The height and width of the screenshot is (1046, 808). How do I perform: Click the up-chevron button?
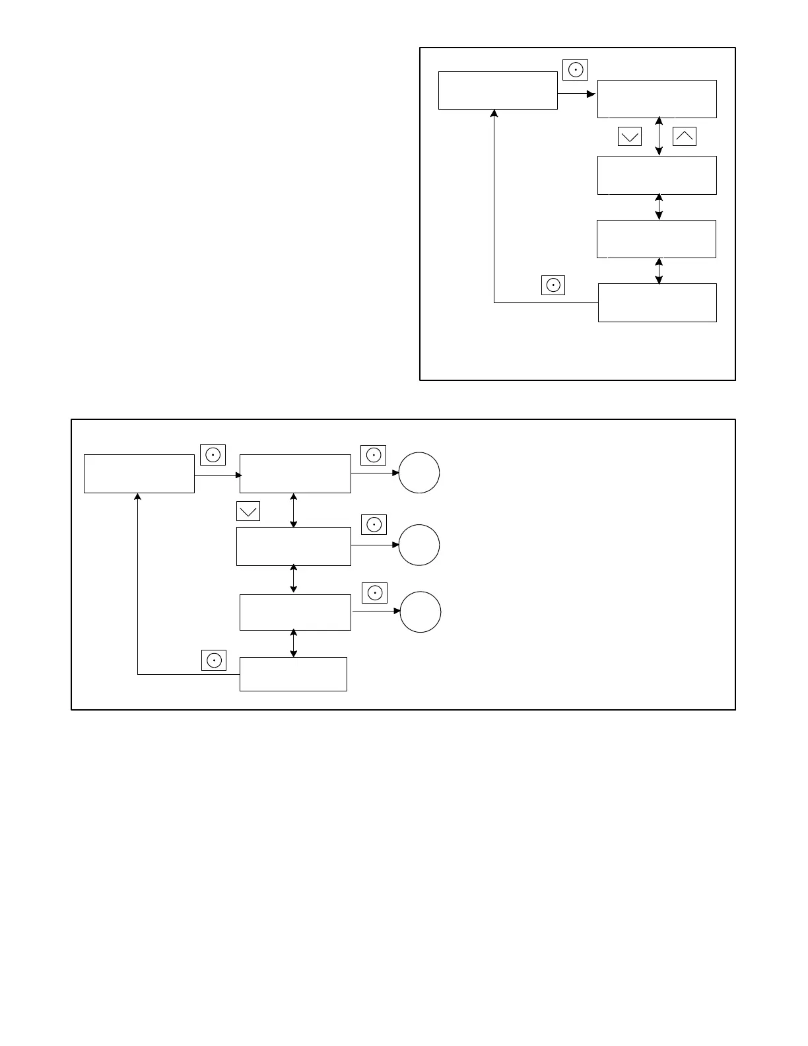tap(685, 136)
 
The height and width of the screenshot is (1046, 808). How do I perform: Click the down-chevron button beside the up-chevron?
tap(630, 136)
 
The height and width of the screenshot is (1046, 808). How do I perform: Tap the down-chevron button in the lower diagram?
tap(248, 511)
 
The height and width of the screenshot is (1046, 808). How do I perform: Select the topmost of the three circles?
tap(419, 473)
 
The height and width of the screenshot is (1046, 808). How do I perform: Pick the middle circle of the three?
tap(419, 545)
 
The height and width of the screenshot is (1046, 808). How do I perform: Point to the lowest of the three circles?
tap(421, 612)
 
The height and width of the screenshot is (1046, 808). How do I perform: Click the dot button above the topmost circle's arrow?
tap(374, 455)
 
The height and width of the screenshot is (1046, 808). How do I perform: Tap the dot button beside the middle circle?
tap(374, 524)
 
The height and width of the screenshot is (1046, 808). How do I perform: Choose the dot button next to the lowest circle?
tap(375, 593)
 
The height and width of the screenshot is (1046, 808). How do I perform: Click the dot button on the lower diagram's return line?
tap(214, 660)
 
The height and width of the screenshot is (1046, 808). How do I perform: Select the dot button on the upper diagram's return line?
tap(553, 285)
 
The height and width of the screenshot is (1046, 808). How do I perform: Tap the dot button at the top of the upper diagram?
tap(576, 69)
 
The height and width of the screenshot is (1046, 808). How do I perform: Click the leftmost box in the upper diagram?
tap(498, 90)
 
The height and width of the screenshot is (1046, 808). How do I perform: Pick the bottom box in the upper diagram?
tap(657, 302)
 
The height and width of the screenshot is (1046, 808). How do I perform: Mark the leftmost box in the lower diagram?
tap(139, 473)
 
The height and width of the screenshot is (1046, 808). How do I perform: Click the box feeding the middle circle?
tap(294, 546)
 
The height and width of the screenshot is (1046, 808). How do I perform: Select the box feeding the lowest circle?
tap(295, 612)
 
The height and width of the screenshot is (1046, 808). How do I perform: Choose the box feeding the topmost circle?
tap(295, 473)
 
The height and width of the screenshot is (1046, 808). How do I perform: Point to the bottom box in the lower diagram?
tap(293, 674)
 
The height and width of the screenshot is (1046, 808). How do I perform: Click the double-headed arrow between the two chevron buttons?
tap(659, 137)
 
